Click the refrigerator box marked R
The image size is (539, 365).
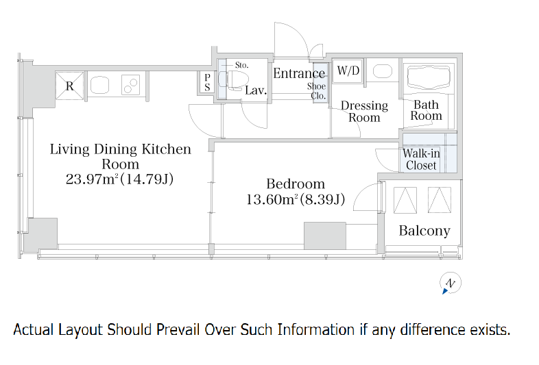pyautogui.click(x=70, y=86)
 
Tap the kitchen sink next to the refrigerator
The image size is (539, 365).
pyautogui.click(x=99, y=85)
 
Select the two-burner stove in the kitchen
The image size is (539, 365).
pyautogui.click(x=130, y=85)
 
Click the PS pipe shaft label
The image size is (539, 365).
pyautogui.click(x=207, y=82)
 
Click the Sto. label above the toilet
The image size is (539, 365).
pyautogui.click(x=241, y=65)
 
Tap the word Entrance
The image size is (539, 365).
pyautogui.click(x=299, y=73)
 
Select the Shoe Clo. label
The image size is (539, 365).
pyautogui.click(x=317, y=91)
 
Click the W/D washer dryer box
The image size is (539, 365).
pyautogui.click(x=348, y=71)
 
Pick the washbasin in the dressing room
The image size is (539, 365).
pyautogui.click(x=382, y=71)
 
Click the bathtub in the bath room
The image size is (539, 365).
pyautogui.click(x=429, y=77)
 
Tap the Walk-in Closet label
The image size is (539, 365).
pyautogui.click(x=421, y=160)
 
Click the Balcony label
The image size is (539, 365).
pyautogui.click(x=424, y=230)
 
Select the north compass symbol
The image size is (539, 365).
pyautogui.click(x=450, y=284)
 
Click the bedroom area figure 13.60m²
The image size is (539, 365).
pyautogui.click(x=273, y=199)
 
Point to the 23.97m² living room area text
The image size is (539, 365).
pyautogui.click(x=92, y=179)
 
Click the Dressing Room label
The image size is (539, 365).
pyautogui.click(x=364, y=111)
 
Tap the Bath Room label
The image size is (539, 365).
pyautogui.click(x=427, y=110)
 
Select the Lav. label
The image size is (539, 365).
pyautogui.click(x=256, y=90)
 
